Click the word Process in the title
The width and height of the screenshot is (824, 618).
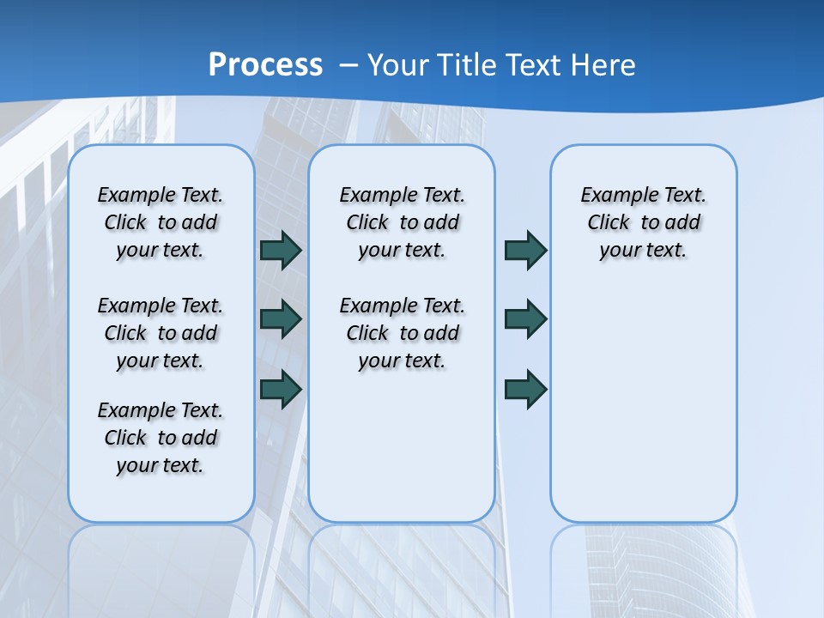click(265, 65)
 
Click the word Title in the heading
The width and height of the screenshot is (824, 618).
click(463, 65)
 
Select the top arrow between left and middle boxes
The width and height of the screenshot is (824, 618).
click(280, 250)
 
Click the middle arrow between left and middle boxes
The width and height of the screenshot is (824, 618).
click(280, 319)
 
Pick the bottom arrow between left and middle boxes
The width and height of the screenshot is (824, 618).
click(280, 389)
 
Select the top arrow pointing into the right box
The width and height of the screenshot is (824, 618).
click(525, 250)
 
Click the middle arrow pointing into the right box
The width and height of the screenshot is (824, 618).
click(525, 319)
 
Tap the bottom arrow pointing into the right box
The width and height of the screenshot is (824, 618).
click(525, 389)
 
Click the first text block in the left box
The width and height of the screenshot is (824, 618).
click(161, 222)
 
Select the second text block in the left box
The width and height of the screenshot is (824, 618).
click(161, 333)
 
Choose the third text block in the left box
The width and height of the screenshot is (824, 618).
click(161, 438)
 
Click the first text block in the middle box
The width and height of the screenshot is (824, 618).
click(402, 222)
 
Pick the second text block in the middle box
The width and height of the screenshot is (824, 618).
click(402, 333)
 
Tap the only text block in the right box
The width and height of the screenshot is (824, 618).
click(643, 222)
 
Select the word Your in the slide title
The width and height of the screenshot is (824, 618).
click(399, 65)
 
